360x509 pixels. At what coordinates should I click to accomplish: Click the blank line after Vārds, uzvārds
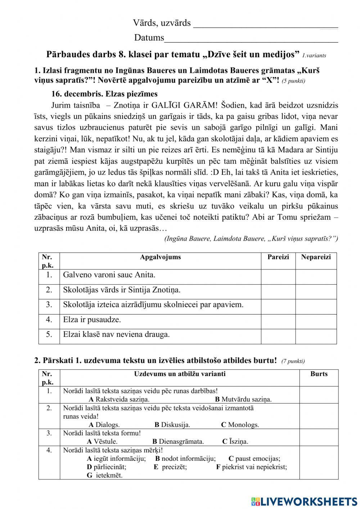coord(266,24)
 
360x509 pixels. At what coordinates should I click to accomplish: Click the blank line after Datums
coord(251,39)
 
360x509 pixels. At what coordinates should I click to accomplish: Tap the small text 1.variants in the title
coord(314,55)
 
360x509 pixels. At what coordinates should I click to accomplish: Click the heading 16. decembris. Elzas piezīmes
coord(104,94)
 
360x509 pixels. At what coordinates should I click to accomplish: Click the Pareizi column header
coord(278,257)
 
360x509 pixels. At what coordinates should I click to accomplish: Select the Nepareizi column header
coord(316,257)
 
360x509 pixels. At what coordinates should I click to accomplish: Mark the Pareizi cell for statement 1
coord(278,277)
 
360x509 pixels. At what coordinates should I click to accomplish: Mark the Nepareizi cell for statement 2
coord(316,292)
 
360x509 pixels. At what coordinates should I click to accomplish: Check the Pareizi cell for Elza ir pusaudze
coord(278,321)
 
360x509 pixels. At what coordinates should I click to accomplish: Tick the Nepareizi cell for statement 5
coord(316,336)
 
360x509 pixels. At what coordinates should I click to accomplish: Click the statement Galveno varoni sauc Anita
coord(109,275)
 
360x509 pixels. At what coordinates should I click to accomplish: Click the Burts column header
coord(319,374)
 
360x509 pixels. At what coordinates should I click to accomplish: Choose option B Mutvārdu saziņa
coord(243,399)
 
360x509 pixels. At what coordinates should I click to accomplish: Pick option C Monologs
coord(240,425)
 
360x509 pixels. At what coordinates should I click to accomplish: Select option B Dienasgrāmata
coord(178,442)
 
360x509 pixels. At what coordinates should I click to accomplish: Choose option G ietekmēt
coord(105,475)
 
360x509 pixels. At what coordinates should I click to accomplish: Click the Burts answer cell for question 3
coord(319,437)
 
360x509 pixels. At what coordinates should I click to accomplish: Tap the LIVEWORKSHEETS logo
coord(304,501)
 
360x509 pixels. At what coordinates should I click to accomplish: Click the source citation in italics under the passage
coord(251,239)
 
